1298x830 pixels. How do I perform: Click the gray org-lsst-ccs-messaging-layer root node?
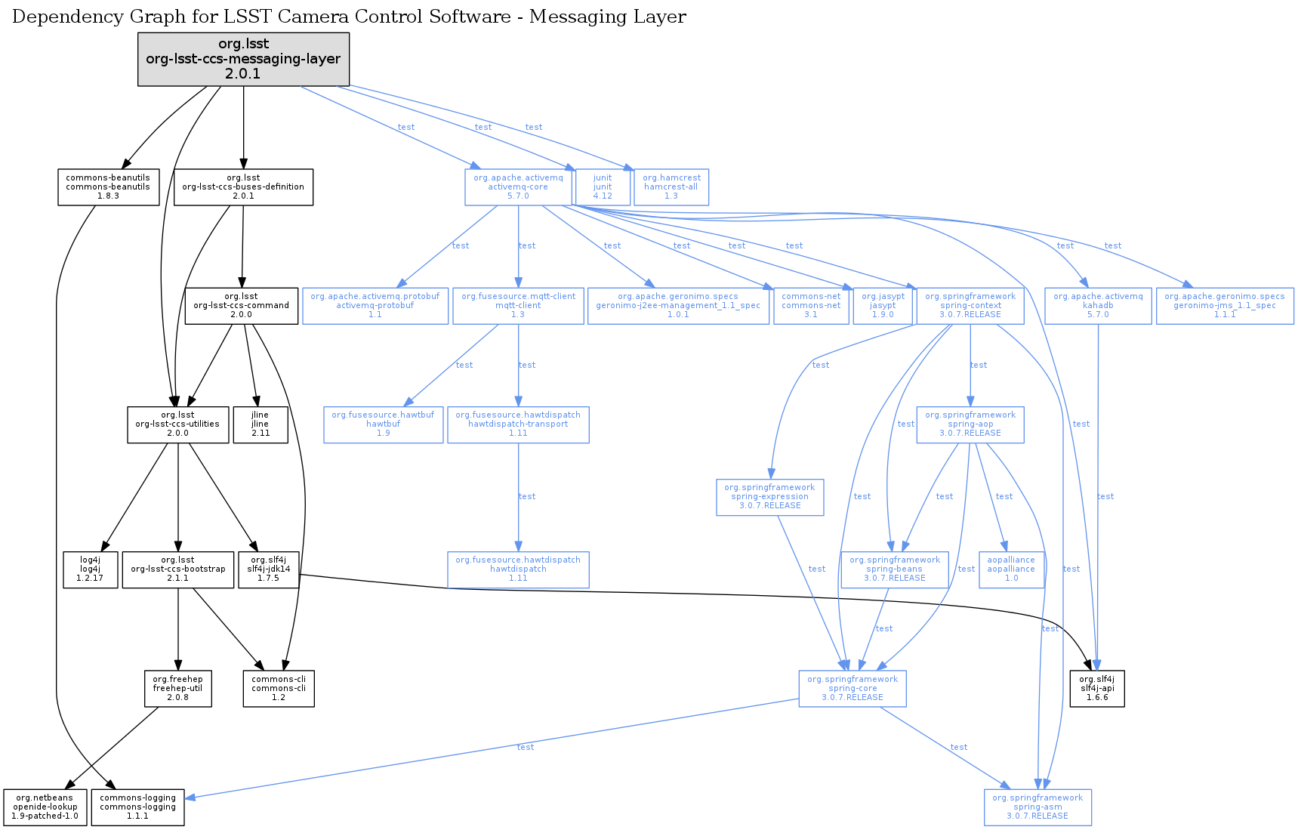pyautogui.click(x=243, y=59)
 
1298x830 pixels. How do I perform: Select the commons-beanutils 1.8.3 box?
pyautogui.click(x=108, y=187)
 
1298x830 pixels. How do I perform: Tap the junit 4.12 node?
pyautogui.click(x=603, y=187)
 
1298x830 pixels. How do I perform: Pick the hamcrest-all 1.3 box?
pyautogui.click(x=671, y=187)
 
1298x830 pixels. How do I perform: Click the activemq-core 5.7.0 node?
pyautogui.click(x=518, y=187)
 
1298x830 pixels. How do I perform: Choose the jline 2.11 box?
pyautogui.click(x=260, y=424)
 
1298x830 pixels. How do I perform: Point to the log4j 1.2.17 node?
pyautogui.click(x=90, y=569)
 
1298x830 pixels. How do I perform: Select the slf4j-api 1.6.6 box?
pyautogui.click(x=1097, y=689)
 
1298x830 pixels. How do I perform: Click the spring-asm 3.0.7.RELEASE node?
pyautogui.click(x=1037, y=807)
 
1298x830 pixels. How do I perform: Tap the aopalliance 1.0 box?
pyautogui.click(x=1011, y=569)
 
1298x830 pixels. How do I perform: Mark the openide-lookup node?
pyautogui.click(x=45, y=807)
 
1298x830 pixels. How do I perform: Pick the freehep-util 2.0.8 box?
pyautogui.click(x=177, y=689)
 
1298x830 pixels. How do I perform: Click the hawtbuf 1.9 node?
pyautogui.click(x=383, y=424)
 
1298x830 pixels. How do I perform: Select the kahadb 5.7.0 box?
pyautogui.click(x=1098, y=306)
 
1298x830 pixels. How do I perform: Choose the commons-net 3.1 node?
pyautogui.click(x=811, y=306)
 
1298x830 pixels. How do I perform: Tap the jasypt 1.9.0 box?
pyautogui.click(x=883, y=306)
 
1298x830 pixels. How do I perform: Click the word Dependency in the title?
pyautogui.click(x=57, y=17)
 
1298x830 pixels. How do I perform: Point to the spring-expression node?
pyautogui.click(x=769, y=497)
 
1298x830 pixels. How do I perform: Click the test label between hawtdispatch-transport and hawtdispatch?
pyautogui.click(x=527, y=497)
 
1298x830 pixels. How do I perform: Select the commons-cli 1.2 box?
pyautogui.click(x=279, y=689)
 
